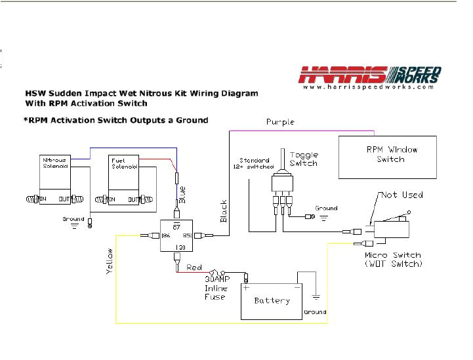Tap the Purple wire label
pyautogui.click(x=280, y=123)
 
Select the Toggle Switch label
pyautogui.click(x=302, y=159)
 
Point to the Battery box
pyautogui.click(x=272, y=301)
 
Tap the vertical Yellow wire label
pyautogui.click(x=110, y=261)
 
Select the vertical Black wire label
pyautogui.click(x=223, y=210)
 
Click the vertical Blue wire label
pyautogui.click(x=182, y=194)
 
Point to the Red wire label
pyautogui.click(x=194, y=268)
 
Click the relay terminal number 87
pyautogui.click(x=176, y=226)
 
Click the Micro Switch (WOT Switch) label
pyautogui.click(x=393, y=260)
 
